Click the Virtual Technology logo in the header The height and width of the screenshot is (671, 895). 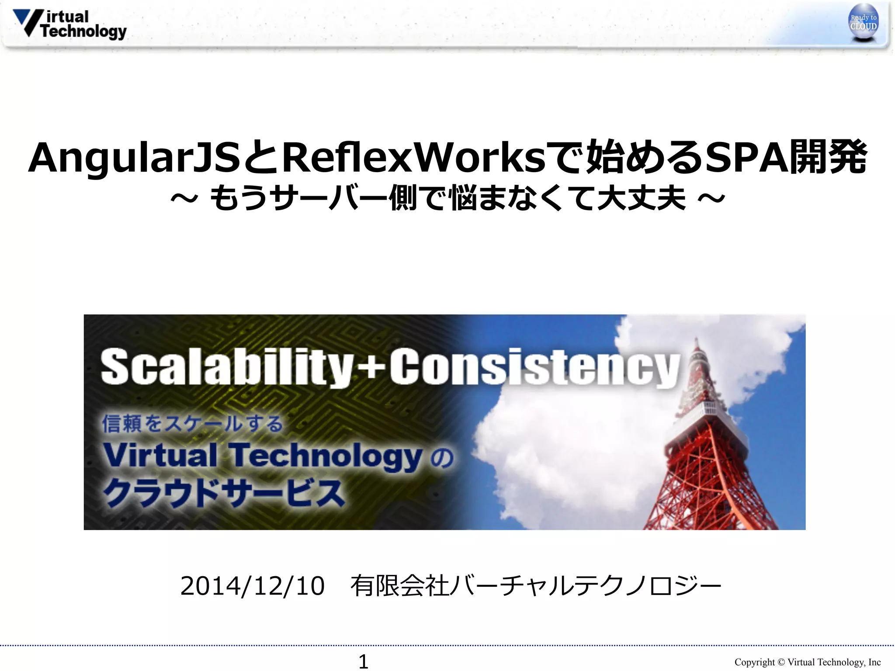pyautogui.click(x=70, y=24)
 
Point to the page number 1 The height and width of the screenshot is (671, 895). pyautogui.click(x=363, y=661)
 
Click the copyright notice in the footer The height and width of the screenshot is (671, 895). pyautogui.click(x=807, y=662)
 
